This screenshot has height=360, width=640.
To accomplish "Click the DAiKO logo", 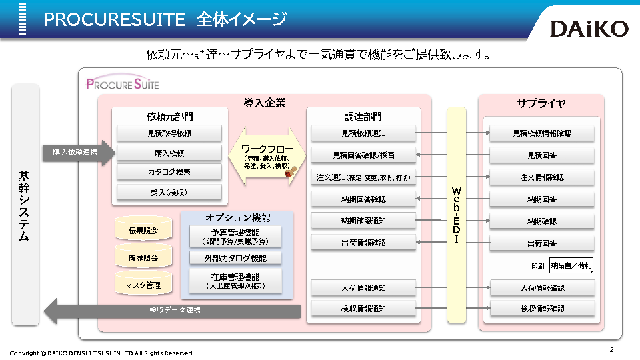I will (x=589, y=28).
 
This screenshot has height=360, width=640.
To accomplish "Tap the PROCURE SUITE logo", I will (x=123, y=84).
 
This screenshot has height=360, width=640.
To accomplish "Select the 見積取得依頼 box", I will (x=169, y=133).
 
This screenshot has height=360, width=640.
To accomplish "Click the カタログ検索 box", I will (x=169, y=172).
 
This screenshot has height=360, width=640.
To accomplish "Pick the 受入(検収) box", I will (x=169, y=193).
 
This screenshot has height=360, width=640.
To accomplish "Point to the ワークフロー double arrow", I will (x=267, y=156).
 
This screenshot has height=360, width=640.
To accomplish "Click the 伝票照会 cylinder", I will (x=143, y=231).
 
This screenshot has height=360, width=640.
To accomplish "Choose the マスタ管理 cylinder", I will (x=143, y=285).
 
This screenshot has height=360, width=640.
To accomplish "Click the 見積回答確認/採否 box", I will (x=363, y=155).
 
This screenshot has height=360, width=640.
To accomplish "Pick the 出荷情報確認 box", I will (x=363, y=243).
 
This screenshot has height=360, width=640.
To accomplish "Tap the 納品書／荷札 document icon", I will (x=571, y=266).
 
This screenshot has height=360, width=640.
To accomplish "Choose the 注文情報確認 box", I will (x=541, y=177).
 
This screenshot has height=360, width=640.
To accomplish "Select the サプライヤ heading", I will (x=541, y=103).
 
